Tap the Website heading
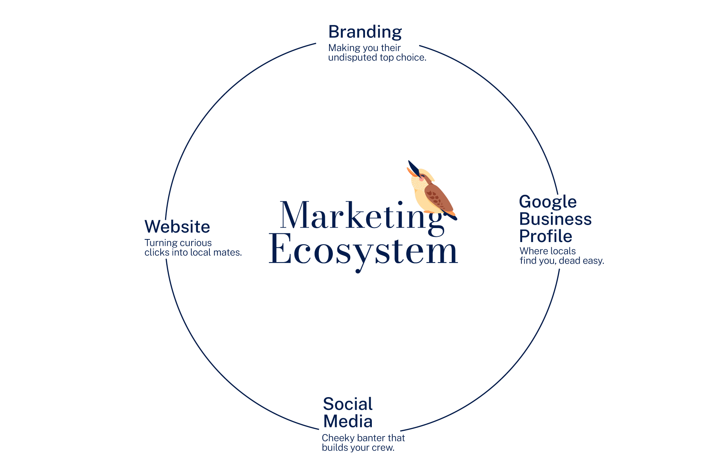[177, 227]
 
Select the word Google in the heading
[548, 202]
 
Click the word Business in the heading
[555, 219]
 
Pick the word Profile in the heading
[546, 236]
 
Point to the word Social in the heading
[348, 404]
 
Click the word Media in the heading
[348, 421]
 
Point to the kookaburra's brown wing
[439, 198]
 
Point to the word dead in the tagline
[569, 261]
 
